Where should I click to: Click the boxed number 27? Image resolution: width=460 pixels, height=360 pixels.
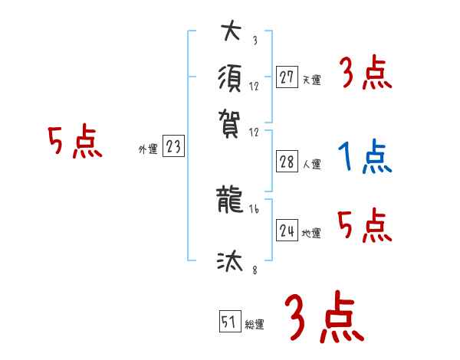point(287,77)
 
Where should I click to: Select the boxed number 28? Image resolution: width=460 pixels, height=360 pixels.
point(287,162)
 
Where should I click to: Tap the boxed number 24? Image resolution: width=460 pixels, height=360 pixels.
point(287,231)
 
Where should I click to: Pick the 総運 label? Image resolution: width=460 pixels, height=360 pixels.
point(255,325)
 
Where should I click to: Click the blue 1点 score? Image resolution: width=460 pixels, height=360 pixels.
point(364,158)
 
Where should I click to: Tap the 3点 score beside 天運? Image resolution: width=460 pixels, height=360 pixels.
point(365,75)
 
